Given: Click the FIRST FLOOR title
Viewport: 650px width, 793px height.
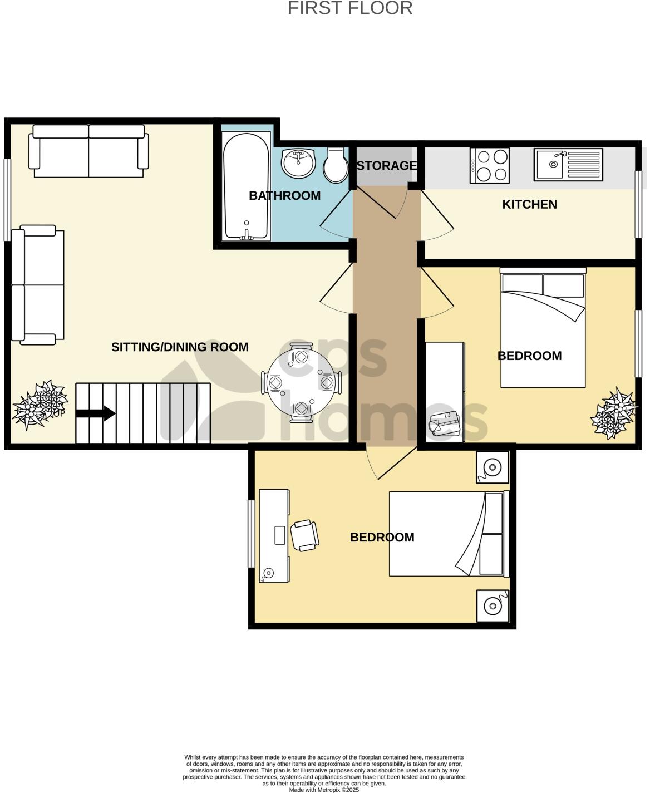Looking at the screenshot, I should (x=350, y=8).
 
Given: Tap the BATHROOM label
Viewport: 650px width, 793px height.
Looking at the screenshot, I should (x=284, y=196).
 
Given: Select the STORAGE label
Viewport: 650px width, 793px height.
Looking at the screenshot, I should (x=386, y=166).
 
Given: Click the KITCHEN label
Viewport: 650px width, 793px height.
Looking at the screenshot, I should (x=529, y=204).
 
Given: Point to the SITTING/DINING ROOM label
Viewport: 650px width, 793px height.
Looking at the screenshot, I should (x=180, y=347).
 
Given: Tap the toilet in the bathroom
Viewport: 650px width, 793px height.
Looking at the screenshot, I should (x=336, y=165).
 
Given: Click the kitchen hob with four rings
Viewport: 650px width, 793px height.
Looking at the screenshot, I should (x=490, y=165).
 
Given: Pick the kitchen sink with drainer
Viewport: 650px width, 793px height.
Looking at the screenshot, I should (x=568, y=164).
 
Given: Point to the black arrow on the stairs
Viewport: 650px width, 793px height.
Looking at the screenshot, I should (x=96, y=413).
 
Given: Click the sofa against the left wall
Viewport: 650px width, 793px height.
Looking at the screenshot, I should (x=38, y=285).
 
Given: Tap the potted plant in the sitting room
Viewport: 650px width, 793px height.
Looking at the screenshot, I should (x=41, y=405).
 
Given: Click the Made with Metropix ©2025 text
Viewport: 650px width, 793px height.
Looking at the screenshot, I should (x=324, y=790).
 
